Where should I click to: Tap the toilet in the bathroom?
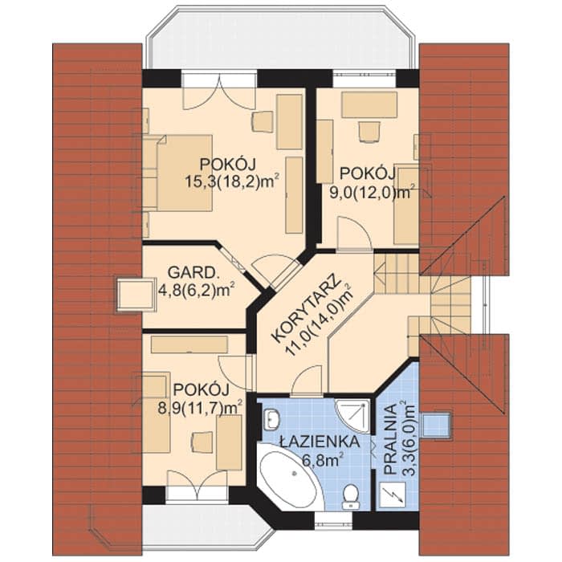350,497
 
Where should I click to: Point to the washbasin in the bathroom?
271,418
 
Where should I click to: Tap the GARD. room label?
193,273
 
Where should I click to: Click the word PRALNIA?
393,439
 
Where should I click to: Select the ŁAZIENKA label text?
320,442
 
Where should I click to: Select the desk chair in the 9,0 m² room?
369,132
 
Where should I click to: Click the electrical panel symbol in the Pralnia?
393,495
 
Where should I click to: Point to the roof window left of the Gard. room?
135,295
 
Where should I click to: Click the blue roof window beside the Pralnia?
437,425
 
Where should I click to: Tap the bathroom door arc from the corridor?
307,380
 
